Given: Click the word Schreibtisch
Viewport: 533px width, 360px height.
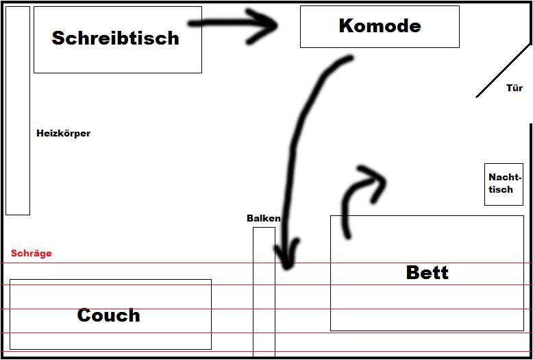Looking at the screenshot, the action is (115, 38).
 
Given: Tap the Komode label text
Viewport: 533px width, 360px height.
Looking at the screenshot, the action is (380, 25).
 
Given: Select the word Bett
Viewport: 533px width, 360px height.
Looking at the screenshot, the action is (427, 272).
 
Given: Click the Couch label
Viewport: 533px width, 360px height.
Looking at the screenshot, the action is (108, 315).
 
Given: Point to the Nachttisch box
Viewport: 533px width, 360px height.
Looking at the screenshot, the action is (504, 184).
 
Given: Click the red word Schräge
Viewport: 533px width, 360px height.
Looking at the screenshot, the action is (32, 253).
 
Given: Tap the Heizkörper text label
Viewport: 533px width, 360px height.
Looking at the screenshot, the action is (63, 133).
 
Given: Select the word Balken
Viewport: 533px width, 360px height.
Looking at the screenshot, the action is (264, 218).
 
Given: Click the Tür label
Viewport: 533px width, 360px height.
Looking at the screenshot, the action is (515, 88).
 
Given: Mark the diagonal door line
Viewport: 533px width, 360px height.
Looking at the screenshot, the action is (503, 71).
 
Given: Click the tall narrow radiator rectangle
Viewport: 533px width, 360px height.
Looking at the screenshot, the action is (18, 110).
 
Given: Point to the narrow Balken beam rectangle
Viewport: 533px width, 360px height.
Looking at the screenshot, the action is (264, 292).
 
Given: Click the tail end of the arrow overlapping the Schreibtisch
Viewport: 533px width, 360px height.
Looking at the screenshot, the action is (190, 23).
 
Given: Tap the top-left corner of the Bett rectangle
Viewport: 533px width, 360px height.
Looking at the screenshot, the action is (330, 215).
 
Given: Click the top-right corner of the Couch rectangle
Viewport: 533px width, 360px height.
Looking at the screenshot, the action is (211, 279).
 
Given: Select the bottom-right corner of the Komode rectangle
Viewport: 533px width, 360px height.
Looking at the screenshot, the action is (459, 47).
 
